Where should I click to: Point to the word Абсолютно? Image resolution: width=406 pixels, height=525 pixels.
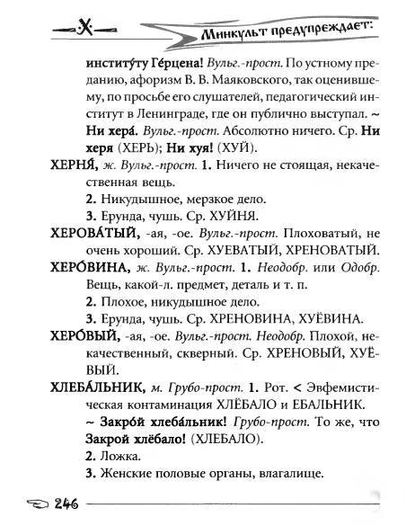(225, 132)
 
